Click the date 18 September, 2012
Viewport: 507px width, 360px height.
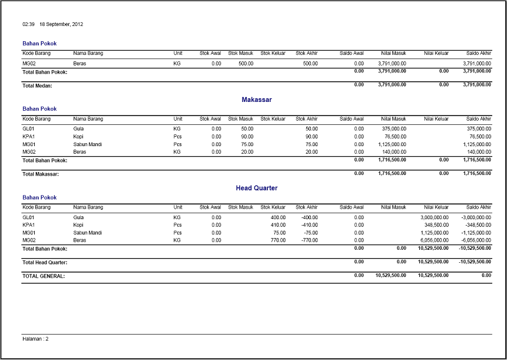tap(61, 24)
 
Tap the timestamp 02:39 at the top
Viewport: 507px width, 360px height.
tap(28, 24)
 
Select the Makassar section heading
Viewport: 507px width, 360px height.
tap(256, 100)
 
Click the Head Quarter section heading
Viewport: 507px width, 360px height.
tap(256, 188)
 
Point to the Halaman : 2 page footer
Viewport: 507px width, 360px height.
tap(35, 339)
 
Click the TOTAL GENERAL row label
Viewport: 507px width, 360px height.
tap(43, 276)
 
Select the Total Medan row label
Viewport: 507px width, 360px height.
tap(37, 85)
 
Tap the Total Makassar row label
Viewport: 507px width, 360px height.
tap(41, 174)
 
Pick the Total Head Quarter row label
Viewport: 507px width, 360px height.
tap(45, 262)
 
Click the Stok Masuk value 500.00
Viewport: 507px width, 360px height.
tap(246, 63)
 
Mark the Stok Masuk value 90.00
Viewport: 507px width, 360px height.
tap(247, 136)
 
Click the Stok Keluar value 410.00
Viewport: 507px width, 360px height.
tap(278, 224)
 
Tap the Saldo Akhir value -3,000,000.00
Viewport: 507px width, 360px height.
tap(475, 217)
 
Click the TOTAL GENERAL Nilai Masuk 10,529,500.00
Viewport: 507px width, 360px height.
tap(390, 275)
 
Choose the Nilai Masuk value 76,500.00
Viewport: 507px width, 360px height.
tap(395, 136)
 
